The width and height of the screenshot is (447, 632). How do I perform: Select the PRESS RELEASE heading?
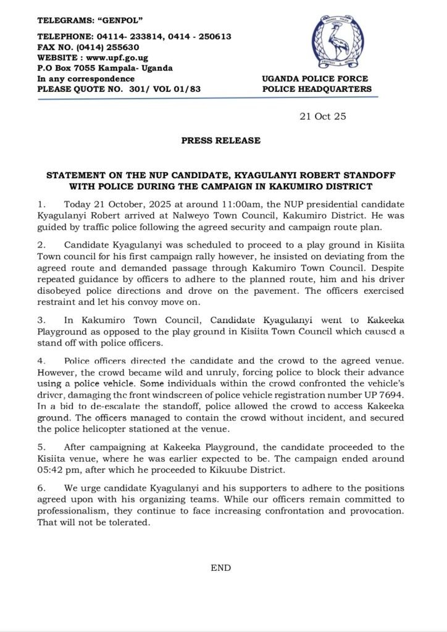[221, 141]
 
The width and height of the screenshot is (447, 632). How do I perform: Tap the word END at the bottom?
[221, 567]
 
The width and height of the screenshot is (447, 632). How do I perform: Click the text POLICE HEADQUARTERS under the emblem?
[317, 89]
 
